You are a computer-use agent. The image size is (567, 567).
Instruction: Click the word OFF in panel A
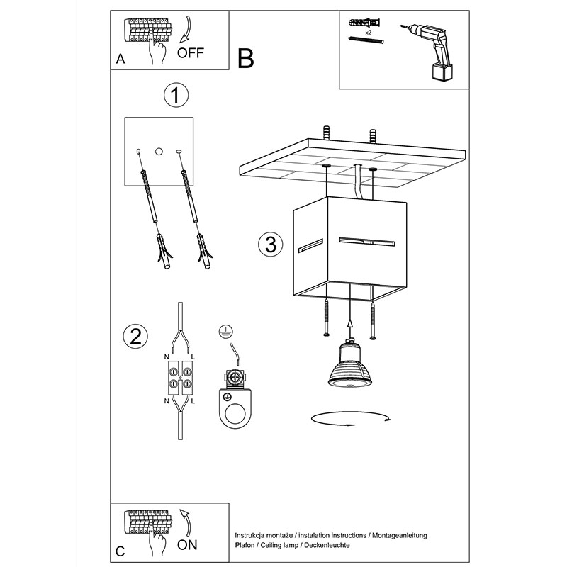191,53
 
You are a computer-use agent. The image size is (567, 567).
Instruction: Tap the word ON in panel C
187,545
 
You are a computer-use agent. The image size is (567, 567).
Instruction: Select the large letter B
245,58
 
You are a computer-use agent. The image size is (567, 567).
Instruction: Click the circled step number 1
176,95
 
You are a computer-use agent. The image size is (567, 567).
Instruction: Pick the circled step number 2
135,337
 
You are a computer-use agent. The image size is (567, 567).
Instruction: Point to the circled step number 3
271,244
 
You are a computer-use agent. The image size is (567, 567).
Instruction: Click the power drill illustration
430,50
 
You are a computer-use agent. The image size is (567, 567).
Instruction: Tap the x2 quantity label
369,32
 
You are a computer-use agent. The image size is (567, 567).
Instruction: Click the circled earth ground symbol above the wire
226,332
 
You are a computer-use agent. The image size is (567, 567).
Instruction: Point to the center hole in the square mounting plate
159,152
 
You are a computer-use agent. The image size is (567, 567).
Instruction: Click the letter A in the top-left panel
120,59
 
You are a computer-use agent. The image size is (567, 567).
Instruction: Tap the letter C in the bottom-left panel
120,551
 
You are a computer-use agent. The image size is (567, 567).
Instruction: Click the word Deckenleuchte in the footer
327,545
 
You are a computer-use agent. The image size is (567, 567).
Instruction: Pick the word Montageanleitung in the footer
400,536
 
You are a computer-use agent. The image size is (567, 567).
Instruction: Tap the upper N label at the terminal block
167,357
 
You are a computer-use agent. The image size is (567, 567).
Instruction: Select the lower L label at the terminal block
193,401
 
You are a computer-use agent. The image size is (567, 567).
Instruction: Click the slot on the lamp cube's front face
366,242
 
